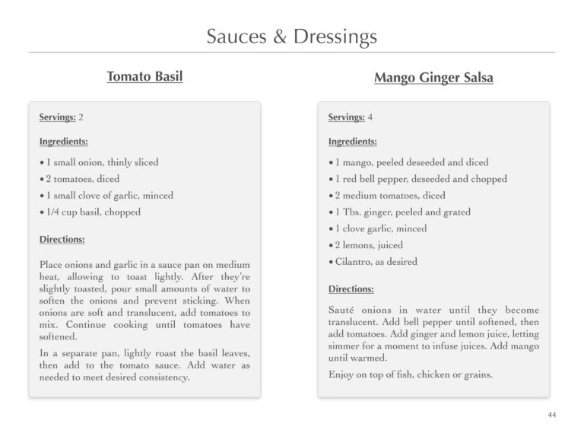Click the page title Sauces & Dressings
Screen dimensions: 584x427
[x=291, y=36]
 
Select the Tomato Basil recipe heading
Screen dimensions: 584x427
[x=144, y=76]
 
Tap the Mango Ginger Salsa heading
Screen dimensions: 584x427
[x=433, y=78]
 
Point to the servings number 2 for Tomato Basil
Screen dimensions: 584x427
[x=81, y=117]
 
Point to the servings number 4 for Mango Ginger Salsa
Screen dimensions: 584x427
[x=370, y=117]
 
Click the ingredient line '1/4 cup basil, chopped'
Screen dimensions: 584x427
[x=93, y=212]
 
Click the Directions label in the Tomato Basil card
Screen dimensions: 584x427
[x=62, y=239]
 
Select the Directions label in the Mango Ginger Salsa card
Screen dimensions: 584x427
[x=351, y=289]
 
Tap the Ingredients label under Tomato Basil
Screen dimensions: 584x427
[x=63, y=141]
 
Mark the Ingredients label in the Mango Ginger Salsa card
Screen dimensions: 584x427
[x=352, y=141]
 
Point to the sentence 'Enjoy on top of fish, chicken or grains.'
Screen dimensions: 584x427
[x=411, y=374]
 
